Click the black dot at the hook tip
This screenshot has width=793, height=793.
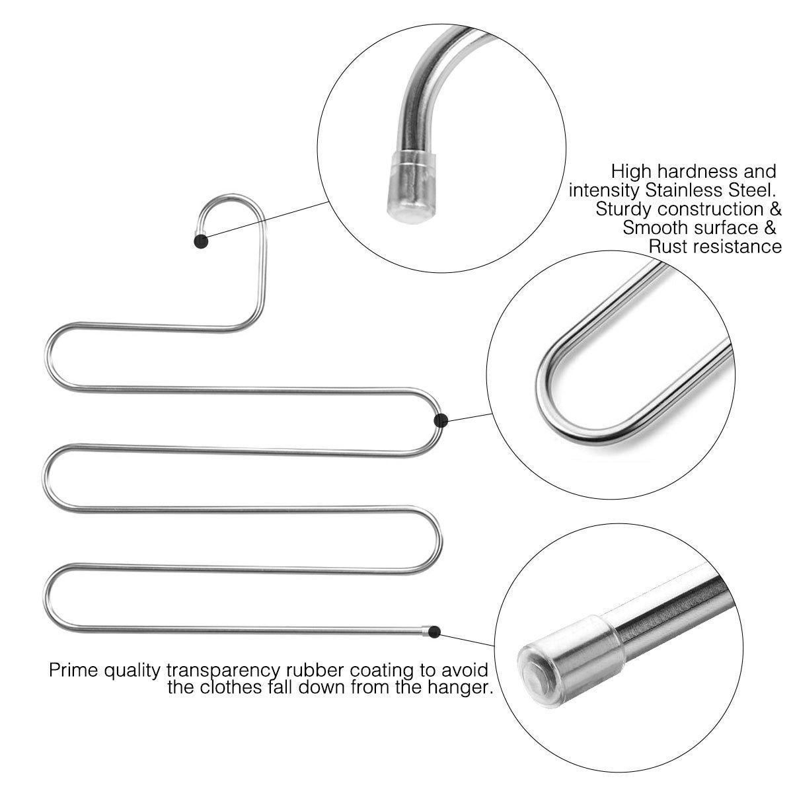(202, 242)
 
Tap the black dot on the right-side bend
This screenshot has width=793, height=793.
(442, 419)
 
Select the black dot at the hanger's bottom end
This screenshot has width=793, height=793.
(434, 632)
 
